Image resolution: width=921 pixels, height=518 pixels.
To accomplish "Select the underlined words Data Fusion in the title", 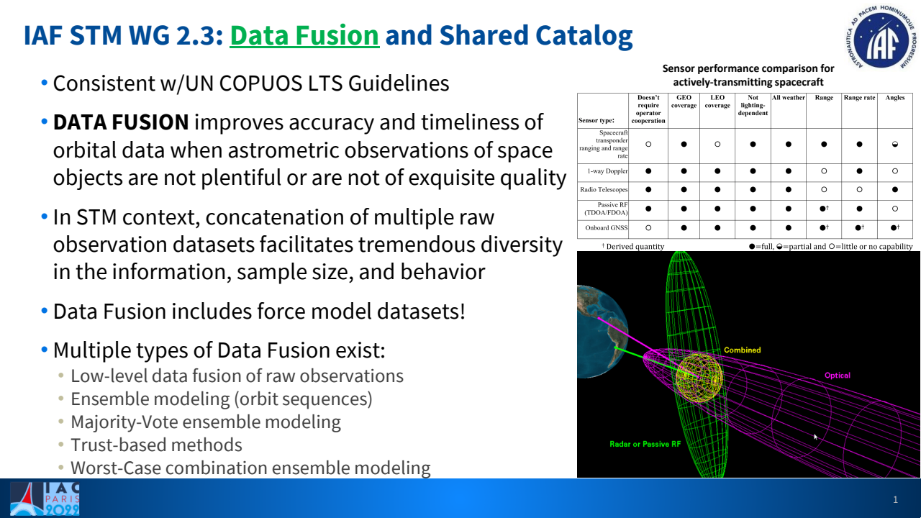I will [x=304, y=35].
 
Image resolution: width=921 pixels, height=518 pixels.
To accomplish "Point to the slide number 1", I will [x=895, y=499].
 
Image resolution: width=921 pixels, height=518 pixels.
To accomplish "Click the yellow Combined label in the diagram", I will [x=742, y=350].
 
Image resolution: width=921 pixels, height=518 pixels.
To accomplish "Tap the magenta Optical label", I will [x=837, y=376].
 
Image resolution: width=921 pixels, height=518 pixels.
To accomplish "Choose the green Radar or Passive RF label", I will [x=644, y=445].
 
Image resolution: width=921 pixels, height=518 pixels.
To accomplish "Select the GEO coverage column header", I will [x=684, y=101].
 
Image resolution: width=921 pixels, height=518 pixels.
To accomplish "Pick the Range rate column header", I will [x=859, y=98].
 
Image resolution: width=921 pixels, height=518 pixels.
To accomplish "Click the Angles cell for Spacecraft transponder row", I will [x=894, y=144].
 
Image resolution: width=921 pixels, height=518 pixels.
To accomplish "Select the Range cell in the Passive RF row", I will [x=824, y=209].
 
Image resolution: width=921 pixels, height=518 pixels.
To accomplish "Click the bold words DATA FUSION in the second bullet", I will [x=121, y=122].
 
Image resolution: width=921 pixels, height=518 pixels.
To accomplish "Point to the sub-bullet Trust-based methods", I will [x=156, y=445].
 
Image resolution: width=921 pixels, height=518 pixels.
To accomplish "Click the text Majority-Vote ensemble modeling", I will [x=205, y=422].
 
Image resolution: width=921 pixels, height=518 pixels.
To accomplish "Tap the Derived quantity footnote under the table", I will [x=633, y=247].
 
